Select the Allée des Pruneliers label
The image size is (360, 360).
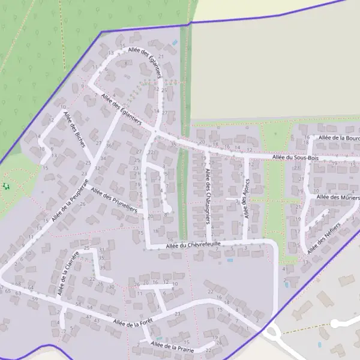[114, 200]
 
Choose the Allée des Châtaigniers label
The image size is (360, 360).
[208, 192]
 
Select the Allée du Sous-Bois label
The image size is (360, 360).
[295, 157]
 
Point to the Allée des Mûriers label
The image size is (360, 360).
[337, 197]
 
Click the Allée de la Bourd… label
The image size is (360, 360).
[339, 137]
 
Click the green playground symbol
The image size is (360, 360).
[7, 186]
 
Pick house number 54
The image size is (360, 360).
[90, 308]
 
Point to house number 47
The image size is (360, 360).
[89, 317]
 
